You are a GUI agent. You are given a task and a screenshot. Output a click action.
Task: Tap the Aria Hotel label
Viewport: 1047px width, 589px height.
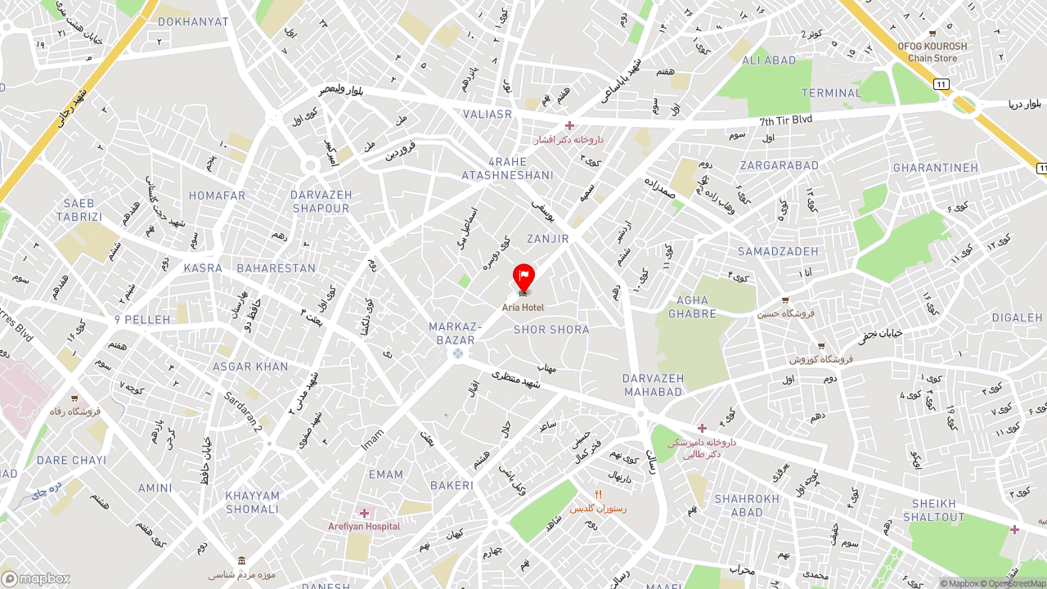pyautogui.click(x=523, y=308)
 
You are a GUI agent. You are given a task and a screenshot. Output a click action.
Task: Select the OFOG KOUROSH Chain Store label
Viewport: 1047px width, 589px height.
pyautogui.click(x=932, y=52)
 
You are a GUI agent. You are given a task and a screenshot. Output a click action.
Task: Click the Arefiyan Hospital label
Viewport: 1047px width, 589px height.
pyautogui.click(x=364, y=526)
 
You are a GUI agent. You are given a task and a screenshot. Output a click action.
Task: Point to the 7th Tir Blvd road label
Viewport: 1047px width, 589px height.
pyautogui.click(x=785, y=119)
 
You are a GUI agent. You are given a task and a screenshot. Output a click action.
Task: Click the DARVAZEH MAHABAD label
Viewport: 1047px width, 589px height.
pyautogui.click(x=652, y=384)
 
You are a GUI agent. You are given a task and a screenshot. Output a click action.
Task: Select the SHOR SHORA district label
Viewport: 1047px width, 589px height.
pyautogui.click(x=551, y=330)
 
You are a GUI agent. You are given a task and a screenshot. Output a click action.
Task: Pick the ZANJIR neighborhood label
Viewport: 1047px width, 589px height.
pyautogui.click(x=548, y=239)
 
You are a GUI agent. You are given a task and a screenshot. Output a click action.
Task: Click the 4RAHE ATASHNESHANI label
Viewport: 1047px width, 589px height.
pyautogui.click(x=507, y=169)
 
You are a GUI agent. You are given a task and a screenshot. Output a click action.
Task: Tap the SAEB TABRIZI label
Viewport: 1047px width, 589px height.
pyautogui.click(x=79, y=210)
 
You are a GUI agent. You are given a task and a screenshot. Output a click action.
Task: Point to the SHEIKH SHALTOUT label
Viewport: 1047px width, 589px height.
pyautogui.click(x=934, y=510)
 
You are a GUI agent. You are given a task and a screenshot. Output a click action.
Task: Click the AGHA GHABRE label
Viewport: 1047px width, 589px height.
pyautogui.click(x=692, y=307)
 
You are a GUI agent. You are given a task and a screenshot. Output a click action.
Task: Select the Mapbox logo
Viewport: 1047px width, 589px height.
pyautogui.click(x=36, y=578)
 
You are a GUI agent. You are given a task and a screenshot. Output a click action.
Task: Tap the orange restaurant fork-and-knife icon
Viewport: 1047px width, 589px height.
pyautogui.click(x=598, y=494)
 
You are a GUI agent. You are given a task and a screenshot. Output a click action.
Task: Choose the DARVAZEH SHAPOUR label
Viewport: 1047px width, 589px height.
pyautogui.click(x=321, y=202)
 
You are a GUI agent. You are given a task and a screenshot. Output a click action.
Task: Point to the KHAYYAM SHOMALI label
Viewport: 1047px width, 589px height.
pyautogui.click(x=253, y=502)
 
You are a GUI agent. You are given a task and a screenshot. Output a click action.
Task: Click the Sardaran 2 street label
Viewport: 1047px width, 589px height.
pyautogui.click(x=244, y=412)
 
